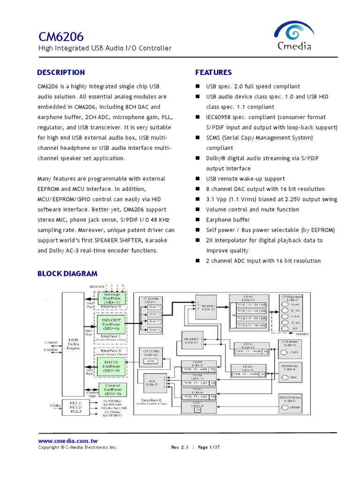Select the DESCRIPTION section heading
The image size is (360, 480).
[x=61, y=73]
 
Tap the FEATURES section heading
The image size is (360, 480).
[x=213, y=73]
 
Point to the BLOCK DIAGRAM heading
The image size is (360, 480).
[x=67, y=274]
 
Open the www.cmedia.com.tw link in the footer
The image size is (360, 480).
[x=67, y=441]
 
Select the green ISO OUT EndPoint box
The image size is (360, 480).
[x=112, y=323]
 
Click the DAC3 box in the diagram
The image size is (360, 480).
[x=155, y=322]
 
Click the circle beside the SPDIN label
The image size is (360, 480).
[x=285, y=408]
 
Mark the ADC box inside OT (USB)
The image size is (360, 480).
[x=151, y=361]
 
